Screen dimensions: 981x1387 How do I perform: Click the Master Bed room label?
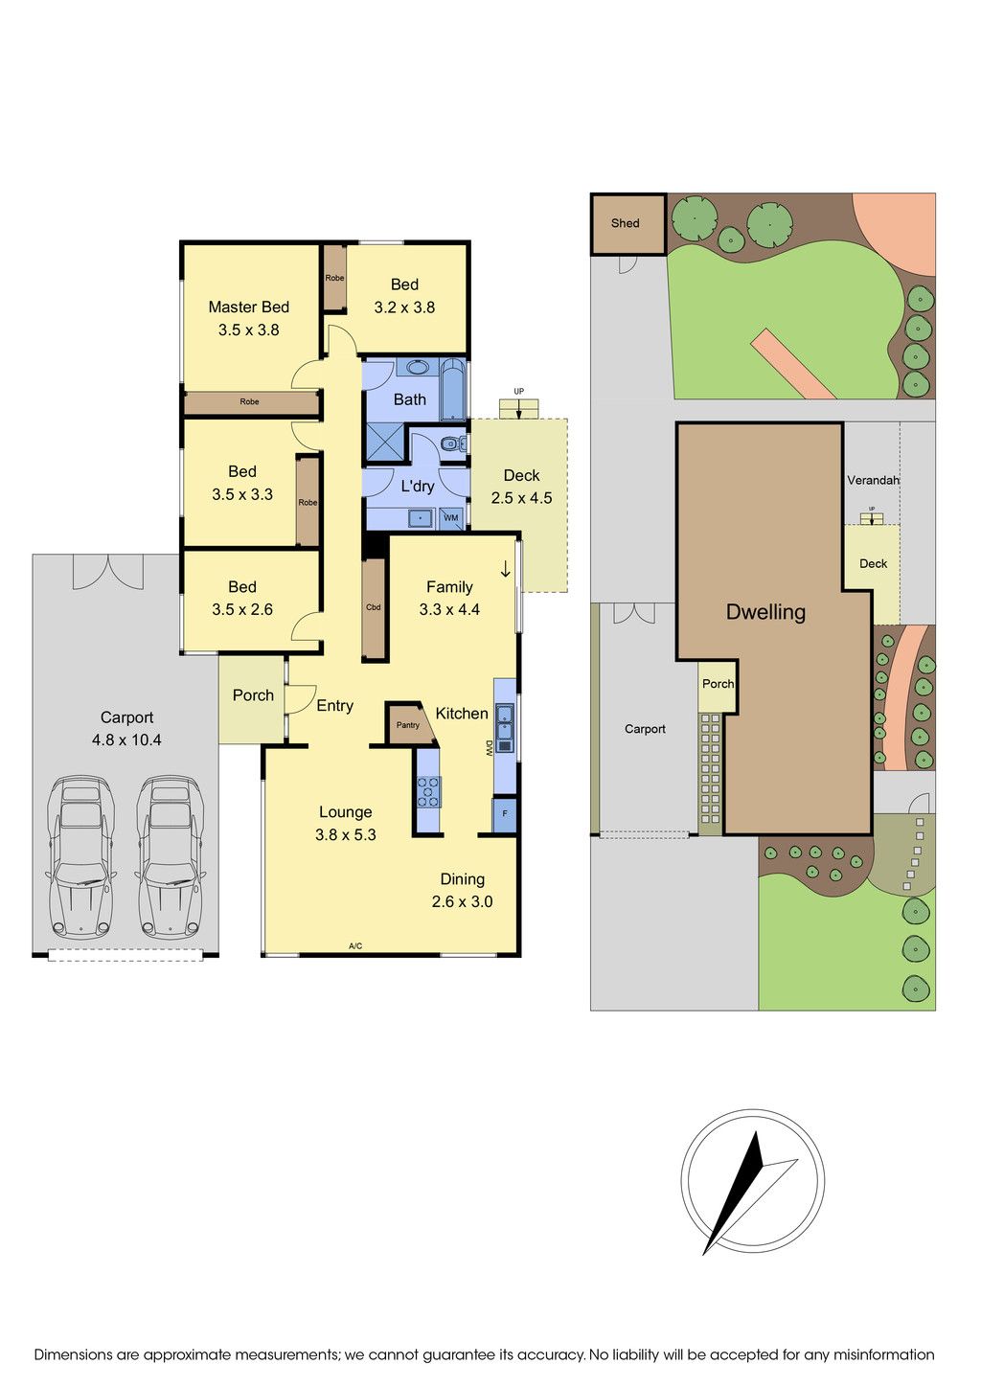point(248,307)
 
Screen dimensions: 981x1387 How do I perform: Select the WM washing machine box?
point(451,517)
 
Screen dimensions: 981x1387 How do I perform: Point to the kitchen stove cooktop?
point(428,791)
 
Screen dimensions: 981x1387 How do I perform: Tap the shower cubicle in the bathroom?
point(384,443)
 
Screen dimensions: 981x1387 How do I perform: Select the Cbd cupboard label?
point(374,607)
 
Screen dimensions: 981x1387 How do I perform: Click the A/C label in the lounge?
point(354,945)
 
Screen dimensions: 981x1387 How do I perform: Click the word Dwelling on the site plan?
point(765,612)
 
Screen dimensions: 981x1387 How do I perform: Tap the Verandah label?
point(874,480)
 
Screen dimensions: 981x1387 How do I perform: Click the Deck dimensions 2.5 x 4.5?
point(521,498)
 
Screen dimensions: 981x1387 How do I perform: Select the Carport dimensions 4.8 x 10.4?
point(126,739)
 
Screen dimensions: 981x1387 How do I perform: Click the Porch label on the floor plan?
point(253,695)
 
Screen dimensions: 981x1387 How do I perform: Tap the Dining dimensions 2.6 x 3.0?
point(462,901)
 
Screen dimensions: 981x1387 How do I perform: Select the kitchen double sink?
point(505,728)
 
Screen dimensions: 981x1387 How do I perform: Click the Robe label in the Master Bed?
point(250,402)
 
